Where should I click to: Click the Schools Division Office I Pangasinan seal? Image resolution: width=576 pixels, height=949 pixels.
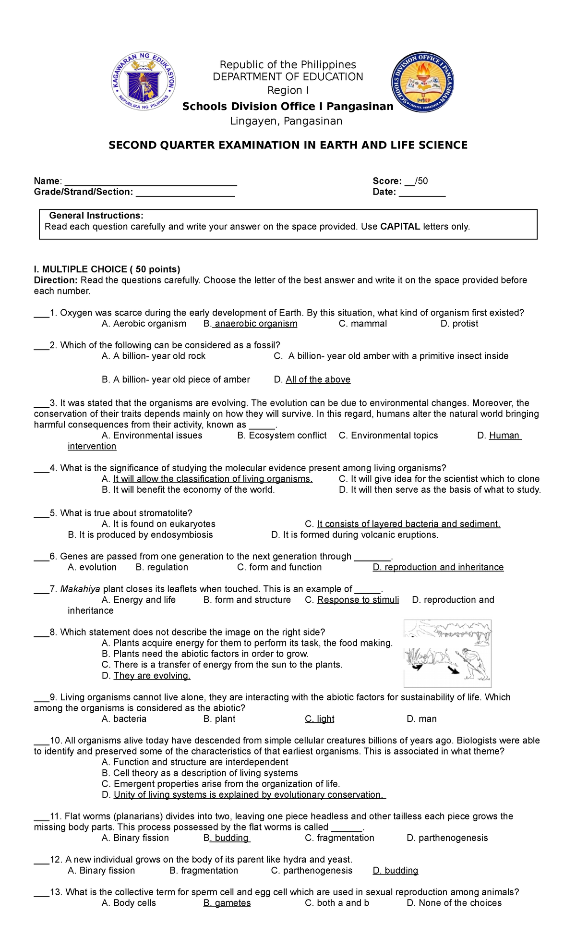(x=422, y=82)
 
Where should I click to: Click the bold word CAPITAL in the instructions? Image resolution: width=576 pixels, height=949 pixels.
(x=400, y=227)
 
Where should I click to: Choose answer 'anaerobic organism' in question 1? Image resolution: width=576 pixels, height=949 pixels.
(x=255, y=324)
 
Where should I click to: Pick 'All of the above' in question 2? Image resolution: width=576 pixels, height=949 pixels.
(x=318, y=379)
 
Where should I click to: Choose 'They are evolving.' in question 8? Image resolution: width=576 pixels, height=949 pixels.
(x=152, y=676)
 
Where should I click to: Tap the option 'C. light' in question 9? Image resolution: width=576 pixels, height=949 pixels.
(x=320, y=719)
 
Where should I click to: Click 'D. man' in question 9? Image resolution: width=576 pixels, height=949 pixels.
(x=421, y=719)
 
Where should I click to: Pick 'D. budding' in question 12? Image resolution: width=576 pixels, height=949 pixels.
(x=396, y=871)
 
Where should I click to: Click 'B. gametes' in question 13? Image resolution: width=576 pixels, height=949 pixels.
(x=227, y=903)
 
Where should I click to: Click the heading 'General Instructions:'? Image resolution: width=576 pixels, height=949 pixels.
(x=96, y=216)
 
